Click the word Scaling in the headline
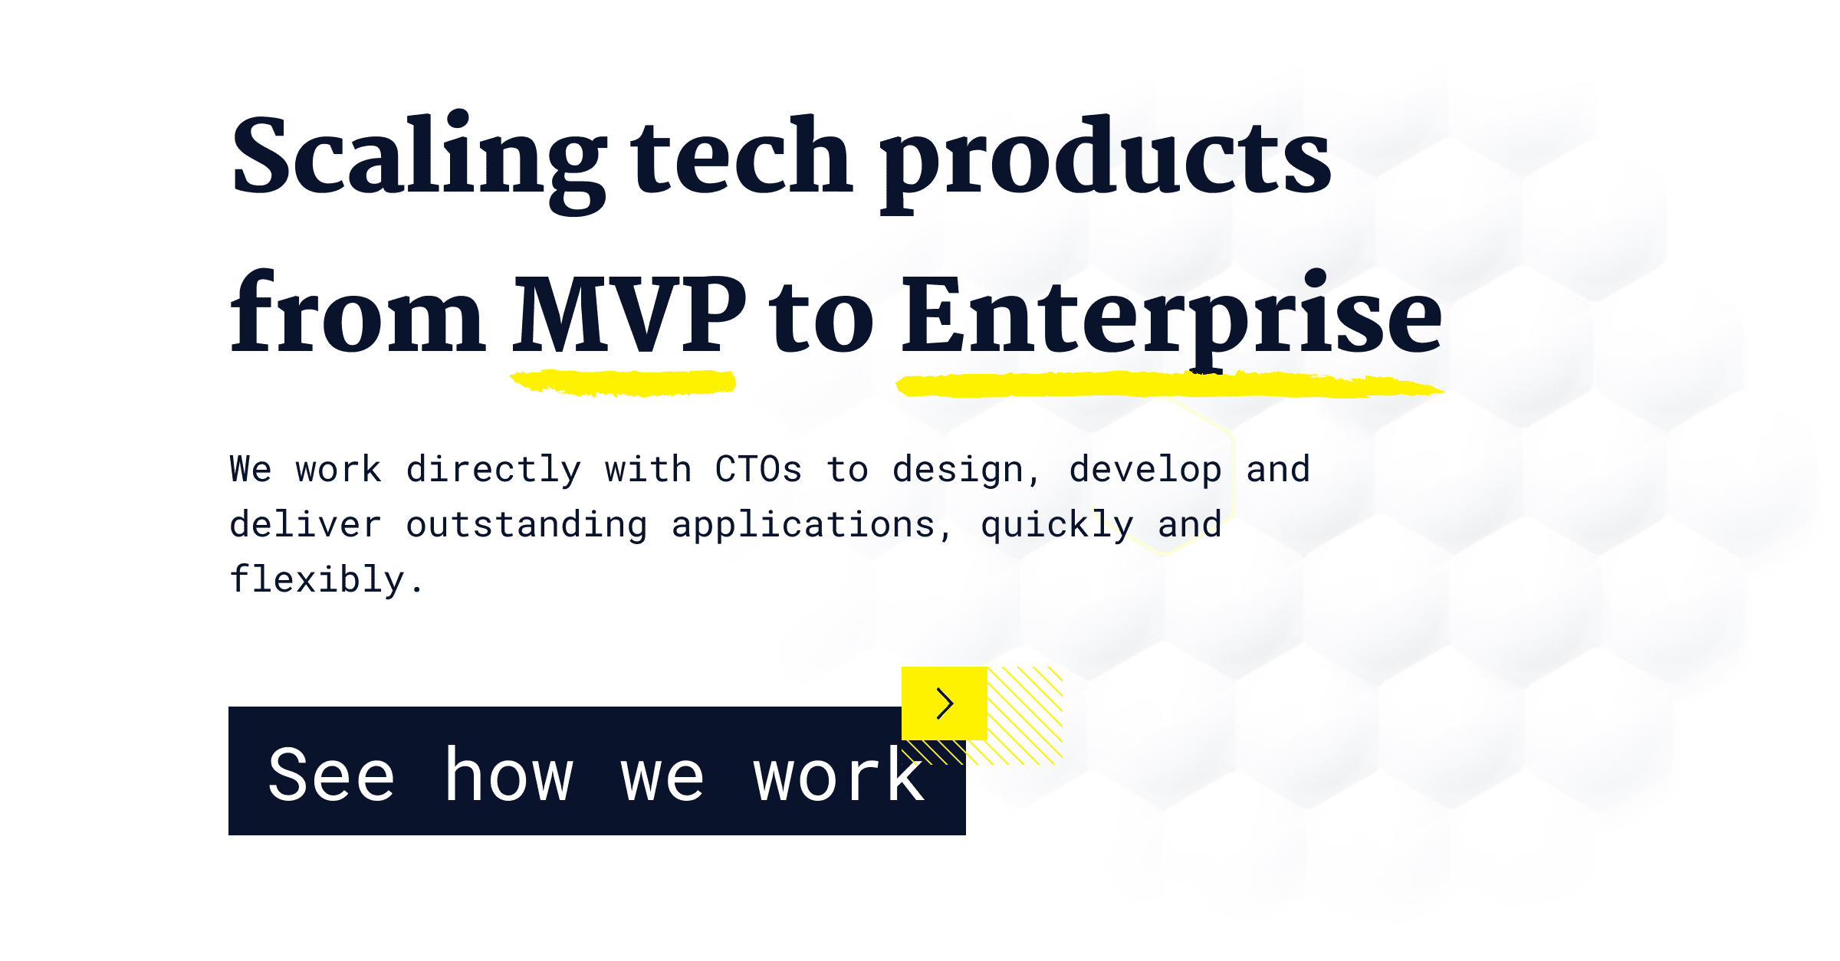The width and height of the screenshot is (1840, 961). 418,157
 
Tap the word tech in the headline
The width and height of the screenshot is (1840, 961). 741,157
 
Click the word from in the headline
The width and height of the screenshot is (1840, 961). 357,314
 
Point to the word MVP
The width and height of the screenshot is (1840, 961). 629,314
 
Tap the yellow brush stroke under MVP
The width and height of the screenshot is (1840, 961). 623,382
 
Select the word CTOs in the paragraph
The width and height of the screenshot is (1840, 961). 758,469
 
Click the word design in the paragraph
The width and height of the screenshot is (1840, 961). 958,469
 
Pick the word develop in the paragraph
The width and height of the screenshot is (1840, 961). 1145,469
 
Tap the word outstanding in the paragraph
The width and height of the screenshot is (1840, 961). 527,525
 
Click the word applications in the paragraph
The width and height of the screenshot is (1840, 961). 803,525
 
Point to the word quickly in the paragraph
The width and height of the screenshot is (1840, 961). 1056,525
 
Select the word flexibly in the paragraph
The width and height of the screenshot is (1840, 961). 317,579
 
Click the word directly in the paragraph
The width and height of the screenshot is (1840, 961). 494,469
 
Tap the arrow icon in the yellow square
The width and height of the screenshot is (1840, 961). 945,703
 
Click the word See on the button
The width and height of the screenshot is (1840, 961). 331,776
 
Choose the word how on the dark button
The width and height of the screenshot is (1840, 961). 509,776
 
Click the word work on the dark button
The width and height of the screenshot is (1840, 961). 839,776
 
